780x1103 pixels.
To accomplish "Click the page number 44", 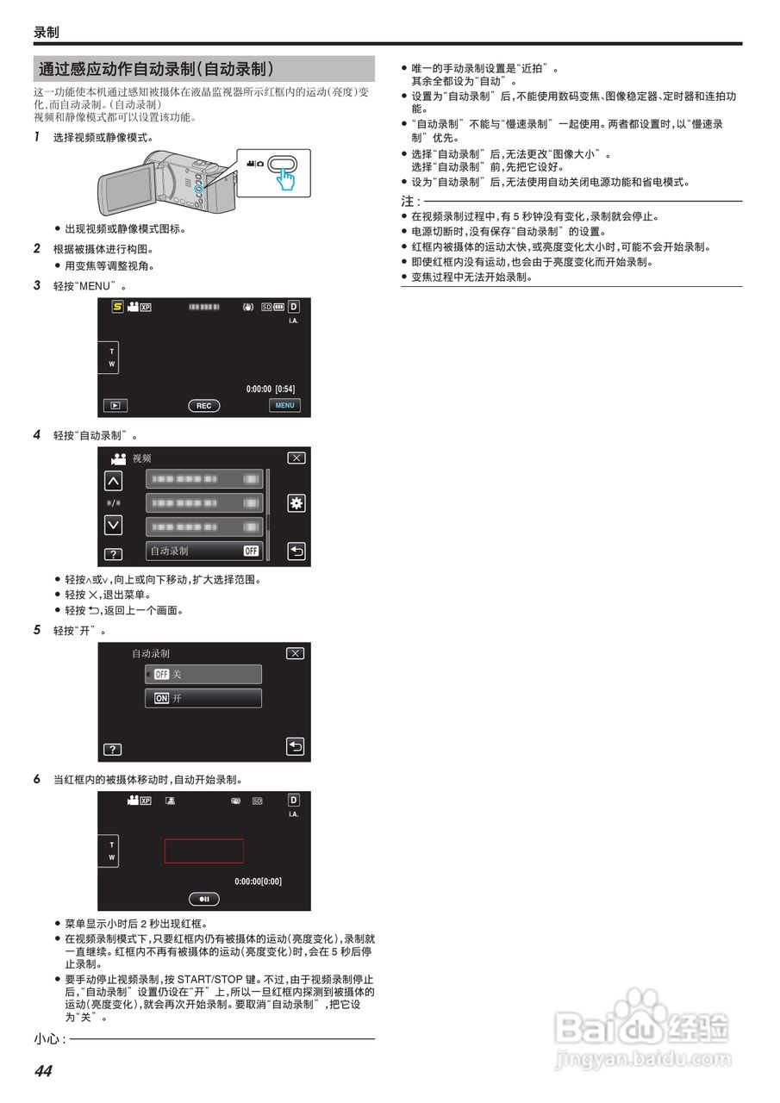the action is click(x=43, y=1071).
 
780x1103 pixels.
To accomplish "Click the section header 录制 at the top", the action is click(x=47, y=32).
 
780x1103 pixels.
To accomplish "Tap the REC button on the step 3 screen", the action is click(x=203, y=405).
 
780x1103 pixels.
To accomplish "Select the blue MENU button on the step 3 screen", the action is click(x=284, y=405).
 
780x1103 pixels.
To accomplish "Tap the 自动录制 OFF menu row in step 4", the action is click(x=204, y=551).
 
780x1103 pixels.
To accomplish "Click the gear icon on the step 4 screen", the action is click(x=296, y=504).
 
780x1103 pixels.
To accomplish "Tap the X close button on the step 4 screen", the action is click(x=296, y=458).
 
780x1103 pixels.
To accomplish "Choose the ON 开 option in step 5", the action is click(x=203, y=698).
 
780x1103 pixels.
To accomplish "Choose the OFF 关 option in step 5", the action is click(x=203, y=674).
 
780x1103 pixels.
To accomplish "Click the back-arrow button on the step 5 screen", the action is click(x=296, y=746).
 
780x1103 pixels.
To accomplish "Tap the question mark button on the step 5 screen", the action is click(x=112, y=750).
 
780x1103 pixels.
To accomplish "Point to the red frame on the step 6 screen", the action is click(x=203, y=851).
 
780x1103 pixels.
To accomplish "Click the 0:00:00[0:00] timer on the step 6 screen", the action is click(x=258, y=882).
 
